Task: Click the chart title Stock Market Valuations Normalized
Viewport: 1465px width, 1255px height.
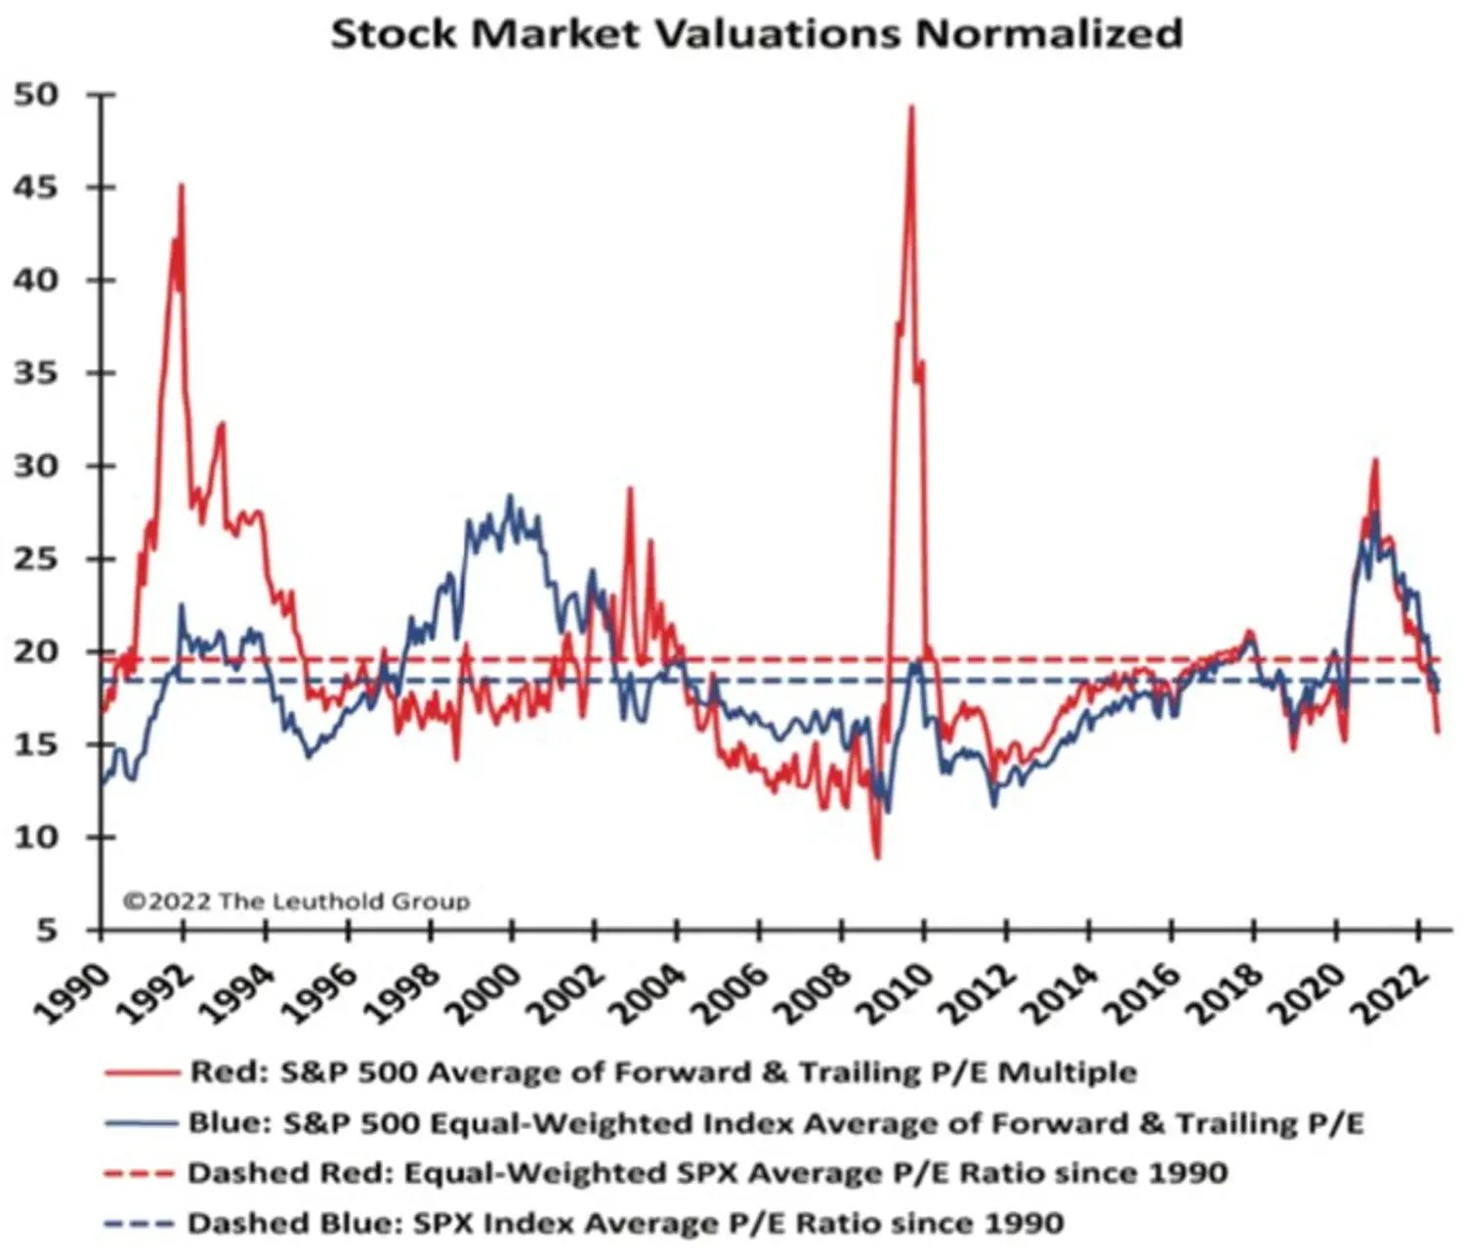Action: click(757, 33)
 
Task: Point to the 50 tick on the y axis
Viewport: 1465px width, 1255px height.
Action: click(37, 95)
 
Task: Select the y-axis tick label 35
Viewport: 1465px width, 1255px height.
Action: click(37, 373)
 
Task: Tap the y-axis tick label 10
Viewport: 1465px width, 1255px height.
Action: click(37, 837)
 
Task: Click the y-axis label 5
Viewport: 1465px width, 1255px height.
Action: click(47, 930)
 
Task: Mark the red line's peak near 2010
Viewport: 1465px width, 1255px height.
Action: click(911, 106)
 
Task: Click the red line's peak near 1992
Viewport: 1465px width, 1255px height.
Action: click(181, 185)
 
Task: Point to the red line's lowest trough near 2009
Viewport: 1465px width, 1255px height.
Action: click(877, 858)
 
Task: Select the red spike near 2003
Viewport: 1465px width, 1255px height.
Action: click(630, 487)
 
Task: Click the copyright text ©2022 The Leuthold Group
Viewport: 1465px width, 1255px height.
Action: click(296, 900)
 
